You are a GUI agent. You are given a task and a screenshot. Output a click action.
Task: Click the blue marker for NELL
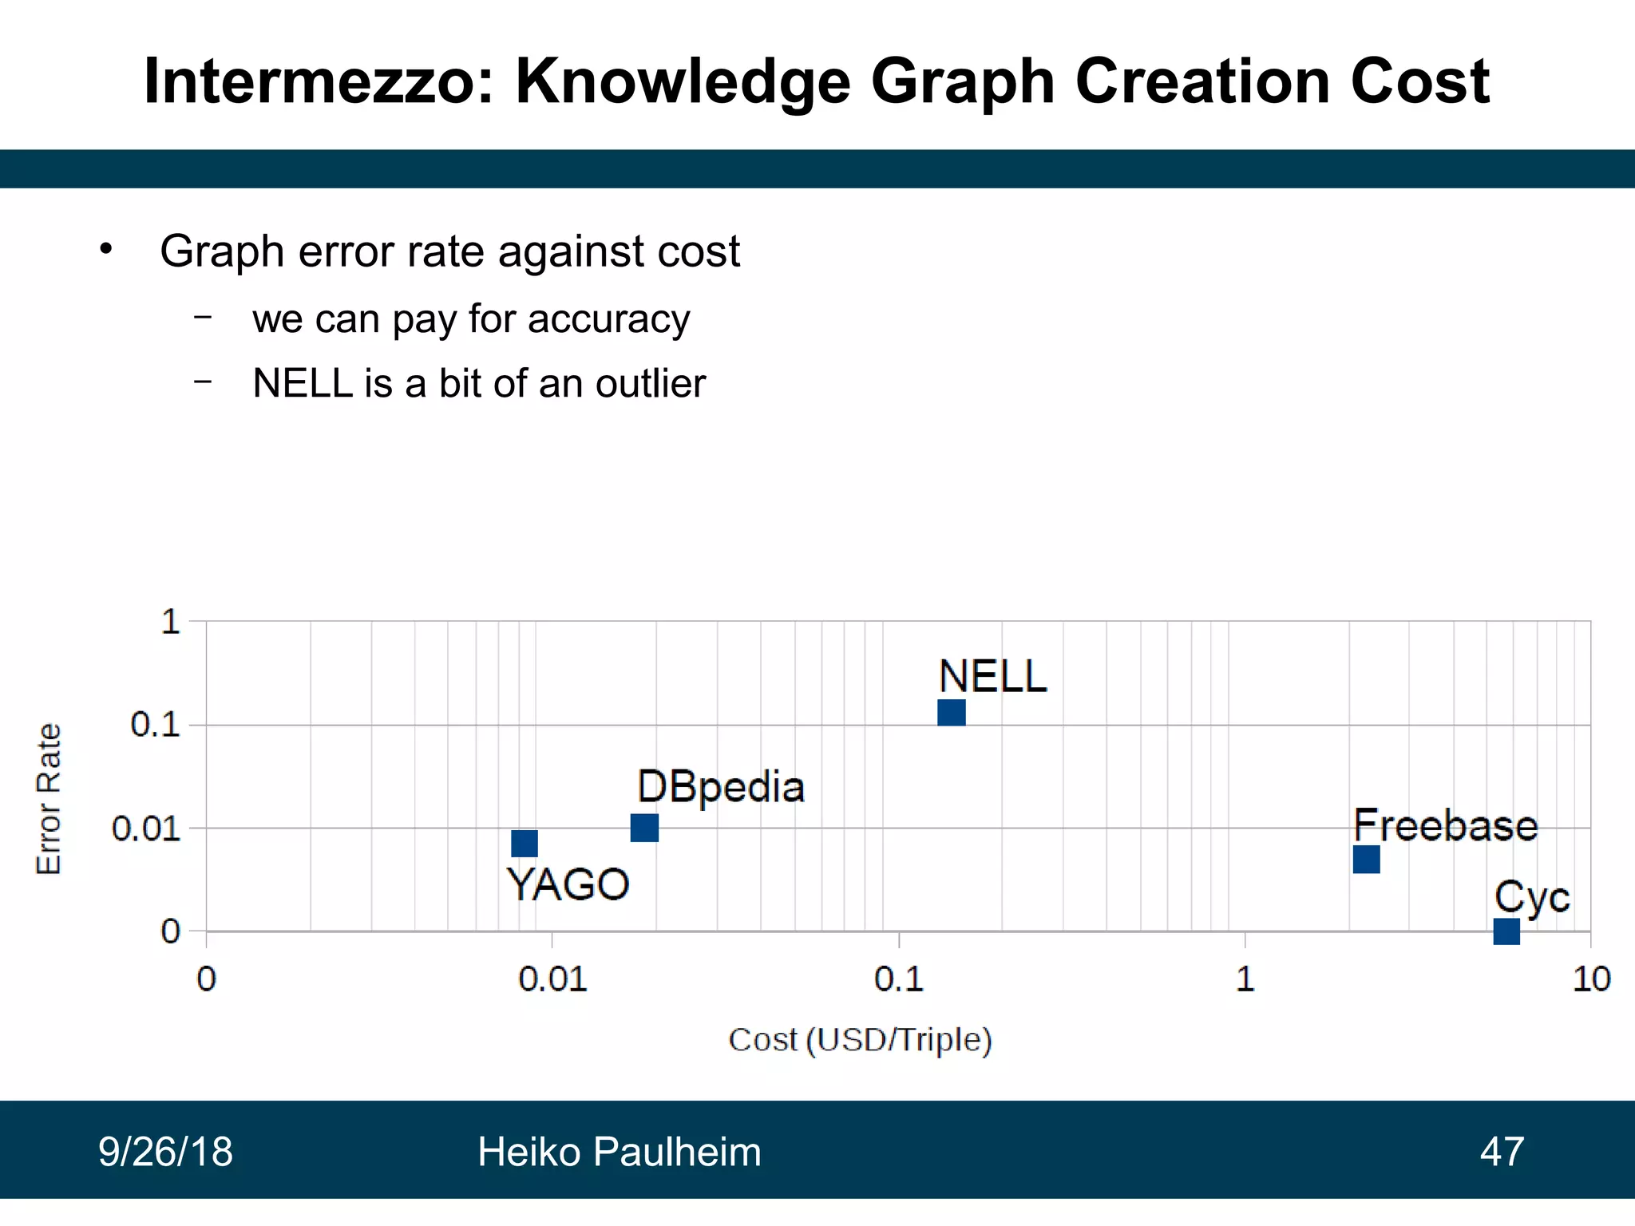951,712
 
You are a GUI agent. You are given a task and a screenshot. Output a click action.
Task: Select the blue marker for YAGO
525,844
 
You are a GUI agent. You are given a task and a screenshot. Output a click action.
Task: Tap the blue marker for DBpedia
644,828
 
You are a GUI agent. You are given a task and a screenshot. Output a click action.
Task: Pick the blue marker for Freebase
1366,860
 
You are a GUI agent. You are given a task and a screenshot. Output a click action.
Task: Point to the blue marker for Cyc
1506,931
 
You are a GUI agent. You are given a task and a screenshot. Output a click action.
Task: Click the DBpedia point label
720,787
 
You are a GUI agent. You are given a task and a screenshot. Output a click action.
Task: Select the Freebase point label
1445,825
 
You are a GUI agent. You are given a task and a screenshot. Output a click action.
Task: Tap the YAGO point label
568,884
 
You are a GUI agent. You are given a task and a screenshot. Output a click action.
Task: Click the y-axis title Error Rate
49,799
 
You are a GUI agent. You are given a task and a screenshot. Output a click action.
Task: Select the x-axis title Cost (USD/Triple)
860,1040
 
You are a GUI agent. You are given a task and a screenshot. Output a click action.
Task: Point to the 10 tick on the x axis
1590,979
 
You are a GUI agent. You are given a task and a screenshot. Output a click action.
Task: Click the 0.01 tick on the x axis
552,979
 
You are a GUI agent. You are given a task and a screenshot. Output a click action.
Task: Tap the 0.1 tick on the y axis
156,725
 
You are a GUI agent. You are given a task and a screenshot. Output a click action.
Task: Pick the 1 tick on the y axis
170,621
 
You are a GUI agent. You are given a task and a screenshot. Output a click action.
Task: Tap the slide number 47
1502,1152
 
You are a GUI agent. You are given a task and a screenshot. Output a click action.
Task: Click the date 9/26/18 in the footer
165,1152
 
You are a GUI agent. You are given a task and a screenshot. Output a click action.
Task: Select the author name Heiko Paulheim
619,1152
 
